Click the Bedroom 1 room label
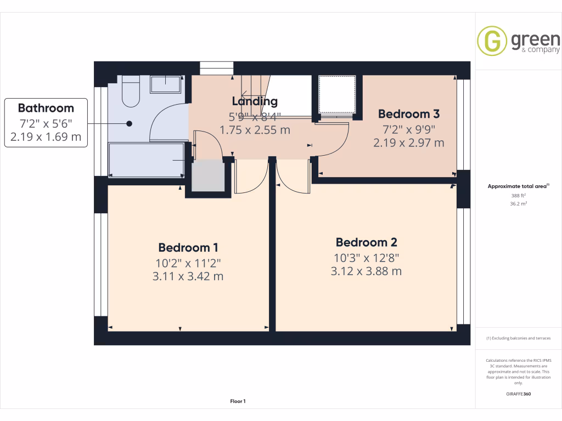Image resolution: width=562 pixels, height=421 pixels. coord(184,247)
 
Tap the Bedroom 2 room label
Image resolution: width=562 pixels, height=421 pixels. coord(366,242)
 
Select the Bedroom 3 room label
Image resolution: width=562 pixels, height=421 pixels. coord(408,114)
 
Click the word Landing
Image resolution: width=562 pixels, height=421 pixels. coord(255,101)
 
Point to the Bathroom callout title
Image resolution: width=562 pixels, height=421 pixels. coord(46,108)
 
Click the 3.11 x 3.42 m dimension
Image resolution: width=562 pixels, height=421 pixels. coord(188,276)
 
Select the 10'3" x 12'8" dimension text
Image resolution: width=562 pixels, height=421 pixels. coord(366,257)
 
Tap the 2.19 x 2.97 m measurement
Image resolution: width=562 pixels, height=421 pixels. coord(408,143)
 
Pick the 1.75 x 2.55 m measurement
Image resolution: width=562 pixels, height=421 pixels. coord(255,130)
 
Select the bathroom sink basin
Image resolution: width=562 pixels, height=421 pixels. coord(165,84)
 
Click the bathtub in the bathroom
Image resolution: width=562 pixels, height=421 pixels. coord(147,160)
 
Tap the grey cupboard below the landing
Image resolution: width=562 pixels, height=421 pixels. coord(208,176)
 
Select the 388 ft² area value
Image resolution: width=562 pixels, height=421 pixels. coord(518,195)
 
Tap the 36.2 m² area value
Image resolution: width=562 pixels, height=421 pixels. coord(518,203)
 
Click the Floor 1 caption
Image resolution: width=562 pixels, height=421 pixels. coord(238,402)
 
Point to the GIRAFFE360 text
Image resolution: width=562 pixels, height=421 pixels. coord(518,394)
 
